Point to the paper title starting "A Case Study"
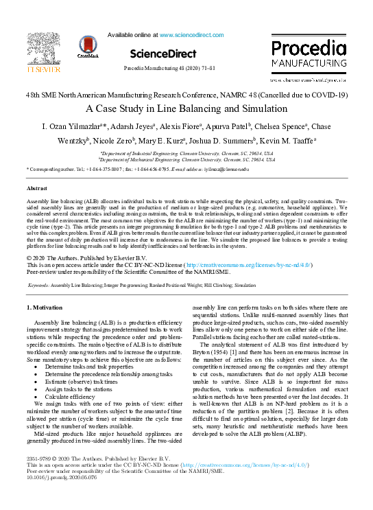coord(186,108)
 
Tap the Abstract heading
coord(36,187)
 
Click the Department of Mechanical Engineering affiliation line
coord(186,159)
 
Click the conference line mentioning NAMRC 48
coord(186,95)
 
